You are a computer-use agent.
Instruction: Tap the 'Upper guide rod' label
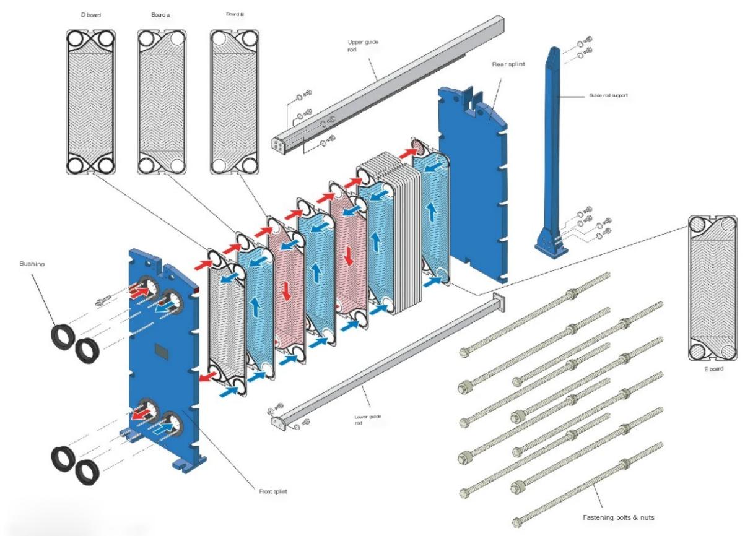click(363, 46)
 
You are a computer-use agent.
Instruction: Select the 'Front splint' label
click(272, 491)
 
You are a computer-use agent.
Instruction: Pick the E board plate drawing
click(712, 288)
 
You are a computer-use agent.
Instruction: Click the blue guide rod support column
click(554, 155)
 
